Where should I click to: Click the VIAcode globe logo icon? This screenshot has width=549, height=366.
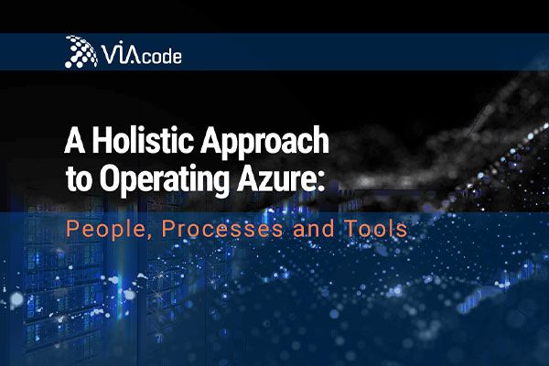coord(81,51)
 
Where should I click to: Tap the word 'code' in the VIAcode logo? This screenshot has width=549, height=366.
coord(161,56)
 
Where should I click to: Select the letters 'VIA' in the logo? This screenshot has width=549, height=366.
coord(121,54)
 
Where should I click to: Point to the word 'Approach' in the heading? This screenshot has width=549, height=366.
coord(264,142)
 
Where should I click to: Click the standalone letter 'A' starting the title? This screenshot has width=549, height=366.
coord(75,140)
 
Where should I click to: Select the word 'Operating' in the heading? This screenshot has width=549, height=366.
coord(164,180)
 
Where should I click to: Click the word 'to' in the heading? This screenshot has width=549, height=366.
coord(80,180)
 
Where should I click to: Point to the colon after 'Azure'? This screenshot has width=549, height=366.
coord(319,182)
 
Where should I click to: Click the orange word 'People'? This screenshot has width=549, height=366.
coord(105,229)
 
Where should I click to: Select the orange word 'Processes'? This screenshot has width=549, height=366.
coord(222,229)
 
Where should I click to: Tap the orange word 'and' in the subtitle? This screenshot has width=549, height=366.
coord(313,229)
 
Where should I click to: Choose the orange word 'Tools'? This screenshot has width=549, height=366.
coord(376,229)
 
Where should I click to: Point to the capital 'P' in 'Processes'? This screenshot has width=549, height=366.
coord(168,229)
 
